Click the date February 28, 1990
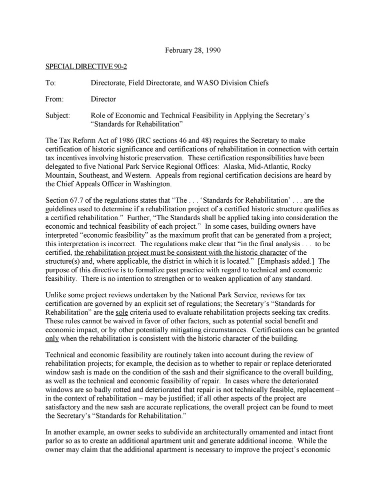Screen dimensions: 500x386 click(193, 51)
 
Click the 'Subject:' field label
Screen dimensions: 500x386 click(58, 116)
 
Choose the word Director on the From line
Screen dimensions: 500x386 click(103, 99)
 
